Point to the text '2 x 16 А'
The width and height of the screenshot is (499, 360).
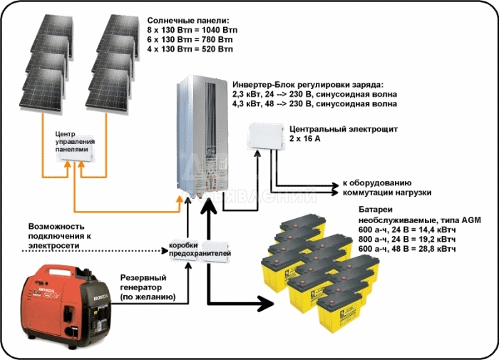(307, 141)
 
